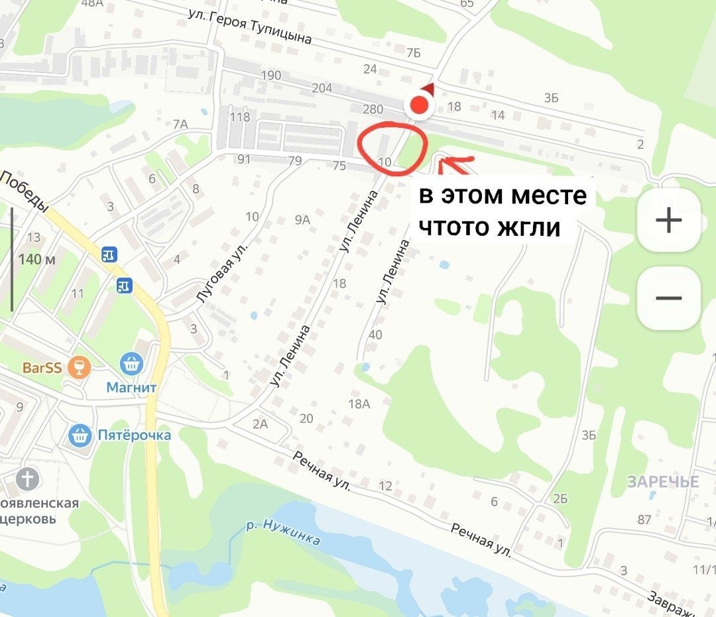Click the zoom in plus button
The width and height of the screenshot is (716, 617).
coord(668,220)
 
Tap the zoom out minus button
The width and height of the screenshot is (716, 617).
coord(668,298)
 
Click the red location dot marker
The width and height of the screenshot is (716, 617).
coord(419,105)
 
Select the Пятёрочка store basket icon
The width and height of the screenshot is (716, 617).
coord(81,435)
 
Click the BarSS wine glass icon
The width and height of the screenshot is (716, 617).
coord(80,366)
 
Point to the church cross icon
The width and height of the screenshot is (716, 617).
coord(28,478)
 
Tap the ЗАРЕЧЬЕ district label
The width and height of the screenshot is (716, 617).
coord(663,482)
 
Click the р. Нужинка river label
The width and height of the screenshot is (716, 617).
coord(283,533)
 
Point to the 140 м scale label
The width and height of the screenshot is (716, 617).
coord(37,259)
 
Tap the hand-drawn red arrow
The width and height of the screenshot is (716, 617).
coord(456,161)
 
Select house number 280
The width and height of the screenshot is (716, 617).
coord(373,109)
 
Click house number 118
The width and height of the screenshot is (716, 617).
coord(239,117)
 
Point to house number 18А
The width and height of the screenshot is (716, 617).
coord(358,404)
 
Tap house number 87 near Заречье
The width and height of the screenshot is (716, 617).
coord(644,519)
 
